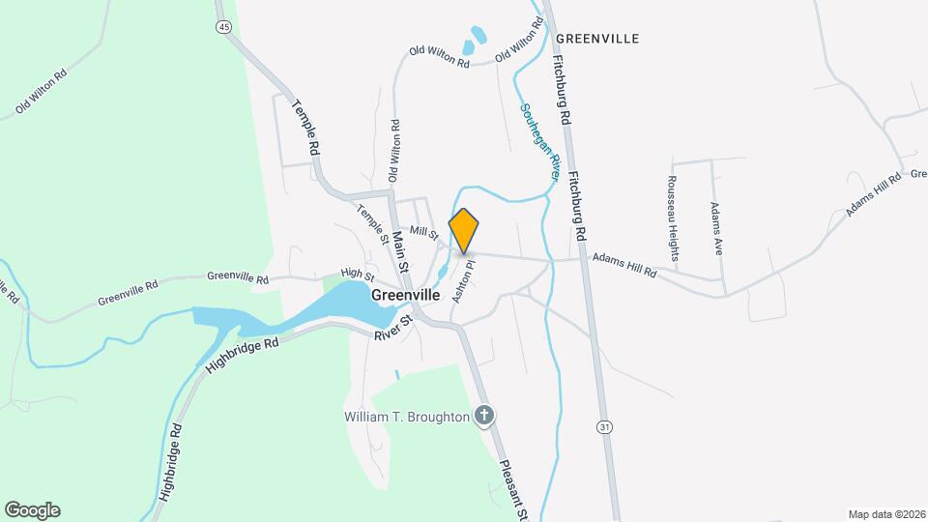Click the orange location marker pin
coord(464,230)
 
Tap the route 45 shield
coord(224,27)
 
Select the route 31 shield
coord(605,425)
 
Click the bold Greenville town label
coord(406,295)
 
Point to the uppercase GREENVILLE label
coord(597,39)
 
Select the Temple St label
coord(371,223)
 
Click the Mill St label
coord(423,232)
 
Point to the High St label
coord(356,275)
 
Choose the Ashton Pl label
coord(464,280)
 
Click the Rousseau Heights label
coord(672,217)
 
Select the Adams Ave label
coord(715,227)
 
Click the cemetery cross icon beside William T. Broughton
coord(485,417)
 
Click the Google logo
coord(32,510)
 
